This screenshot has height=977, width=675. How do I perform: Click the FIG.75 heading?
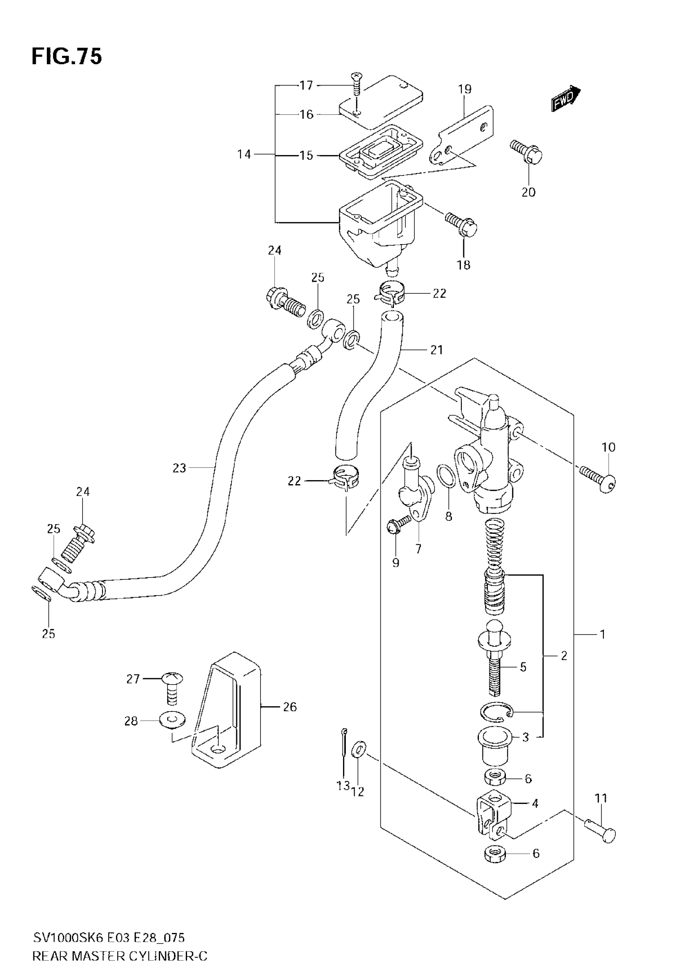tap(67, 57)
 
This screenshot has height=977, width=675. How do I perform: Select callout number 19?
tap(465, 89)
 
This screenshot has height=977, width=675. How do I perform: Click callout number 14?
tap(244, 155)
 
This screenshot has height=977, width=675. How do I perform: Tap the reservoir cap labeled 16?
tap(381, 102)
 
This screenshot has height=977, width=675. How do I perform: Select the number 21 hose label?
tap(436, 350)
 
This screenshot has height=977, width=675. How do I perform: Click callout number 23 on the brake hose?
tap(179, 468)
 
